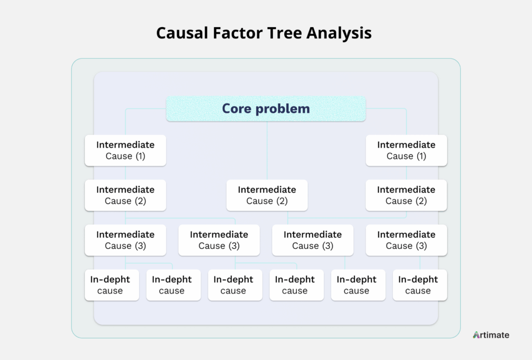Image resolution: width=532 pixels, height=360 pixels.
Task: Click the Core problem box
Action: (265, 109)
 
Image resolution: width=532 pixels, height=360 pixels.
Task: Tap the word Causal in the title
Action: (182, 33)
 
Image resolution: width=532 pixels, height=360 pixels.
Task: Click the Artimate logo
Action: (491, 335)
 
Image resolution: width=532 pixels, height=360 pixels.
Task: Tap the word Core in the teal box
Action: (236, 109)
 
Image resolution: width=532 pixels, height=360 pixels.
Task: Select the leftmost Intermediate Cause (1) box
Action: (125, 150)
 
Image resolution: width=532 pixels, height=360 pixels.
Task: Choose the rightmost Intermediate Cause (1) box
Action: (406, 150)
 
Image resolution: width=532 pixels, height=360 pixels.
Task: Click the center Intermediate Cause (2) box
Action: (267, 195)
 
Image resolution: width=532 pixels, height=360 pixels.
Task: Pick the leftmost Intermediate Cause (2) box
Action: (125, 195)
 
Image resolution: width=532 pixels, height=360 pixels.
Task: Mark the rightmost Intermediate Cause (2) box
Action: (406, 195)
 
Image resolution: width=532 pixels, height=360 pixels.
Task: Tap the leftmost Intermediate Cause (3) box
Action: (125, 240)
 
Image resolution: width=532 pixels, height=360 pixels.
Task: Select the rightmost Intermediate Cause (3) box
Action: (406, 240)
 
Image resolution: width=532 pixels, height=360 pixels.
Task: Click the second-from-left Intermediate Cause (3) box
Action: (219, 240)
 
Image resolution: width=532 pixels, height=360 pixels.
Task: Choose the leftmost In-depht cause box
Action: (112, 285)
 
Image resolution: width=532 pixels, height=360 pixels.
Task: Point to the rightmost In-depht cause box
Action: (420, 285)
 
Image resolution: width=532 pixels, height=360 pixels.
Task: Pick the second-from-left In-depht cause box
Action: (174, 285)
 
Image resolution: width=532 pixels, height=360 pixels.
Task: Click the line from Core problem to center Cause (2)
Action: (267, 150)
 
